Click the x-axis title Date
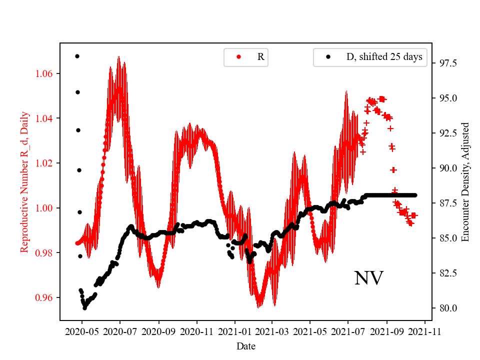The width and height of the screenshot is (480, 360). (x=245, y=345)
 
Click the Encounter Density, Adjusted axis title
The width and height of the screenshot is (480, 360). (x=465, y=182)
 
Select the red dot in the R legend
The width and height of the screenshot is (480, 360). (x=238, y=57)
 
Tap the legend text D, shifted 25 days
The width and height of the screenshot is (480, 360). (x=384, y=57)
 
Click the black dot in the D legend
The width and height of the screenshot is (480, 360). (x=328, y=57)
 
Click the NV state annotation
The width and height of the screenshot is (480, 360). (x=368, y=278)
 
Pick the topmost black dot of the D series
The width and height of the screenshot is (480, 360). (x=77, y=56)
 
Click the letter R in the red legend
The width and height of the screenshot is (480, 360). (x=260, y=57)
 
